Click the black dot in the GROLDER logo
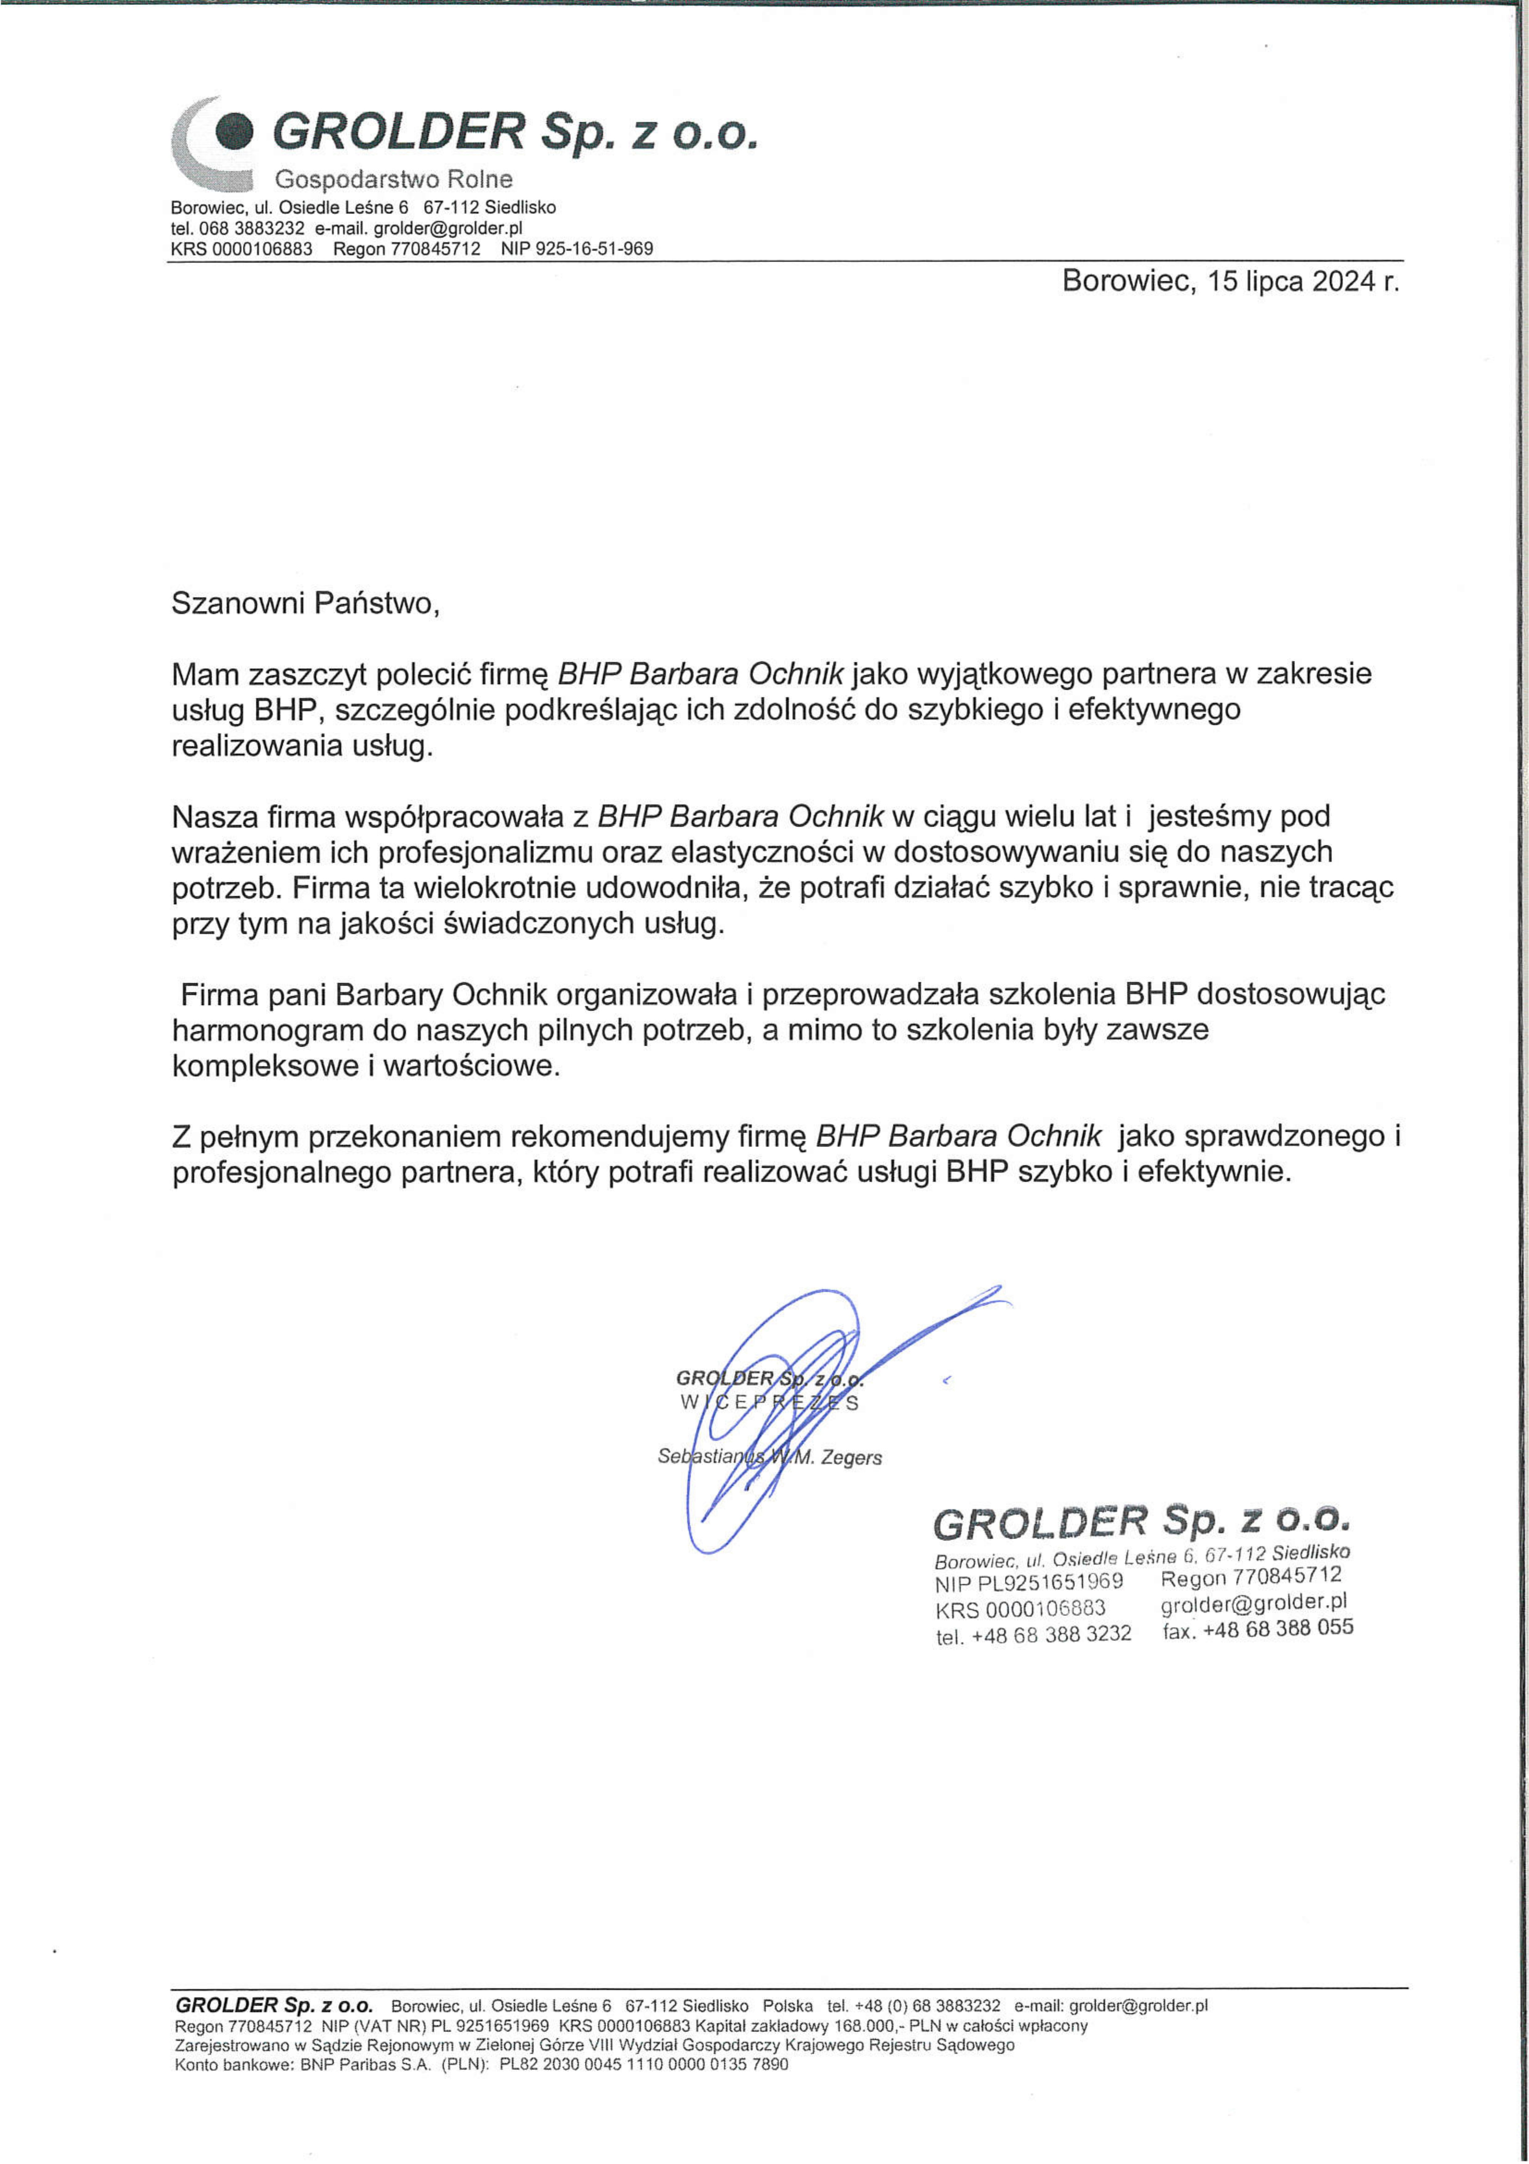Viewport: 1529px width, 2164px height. click(x=235, y=132)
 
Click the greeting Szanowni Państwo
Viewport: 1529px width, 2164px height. click(x=305, y=603)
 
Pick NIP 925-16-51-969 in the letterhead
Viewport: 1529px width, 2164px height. click(x=577, y=249)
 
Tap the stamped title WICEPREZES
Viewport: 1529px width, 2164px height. click(x=769, y=1402)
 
